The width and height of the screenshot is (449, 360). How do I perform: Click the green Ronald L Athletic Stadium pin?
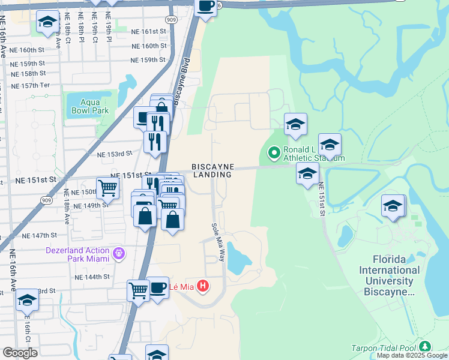[274, 154]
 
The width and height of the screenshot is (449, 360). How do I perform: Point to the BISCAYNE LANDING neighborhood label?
[212, 170]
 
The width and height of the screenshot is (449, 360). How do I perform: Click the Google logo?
[20, 353]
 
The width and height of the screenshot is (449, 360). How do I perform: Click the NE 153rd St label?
[114, 154]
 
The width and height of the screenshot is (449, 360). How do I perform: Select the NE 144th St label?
[92, 277]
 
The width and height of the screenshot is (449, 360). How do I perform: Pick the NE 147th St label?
[39, 236]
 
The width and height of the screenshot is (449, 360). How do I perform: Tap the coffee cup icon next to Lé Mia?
[158, 287]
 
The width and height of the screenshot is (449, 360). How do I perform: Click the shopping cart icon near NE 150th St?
[108, 187]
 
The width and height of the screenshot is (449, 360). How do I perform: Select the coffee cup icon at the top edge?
[206, 7]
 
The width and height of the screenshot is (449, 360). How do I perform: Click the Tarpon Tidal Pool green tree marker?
[426, 347]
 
